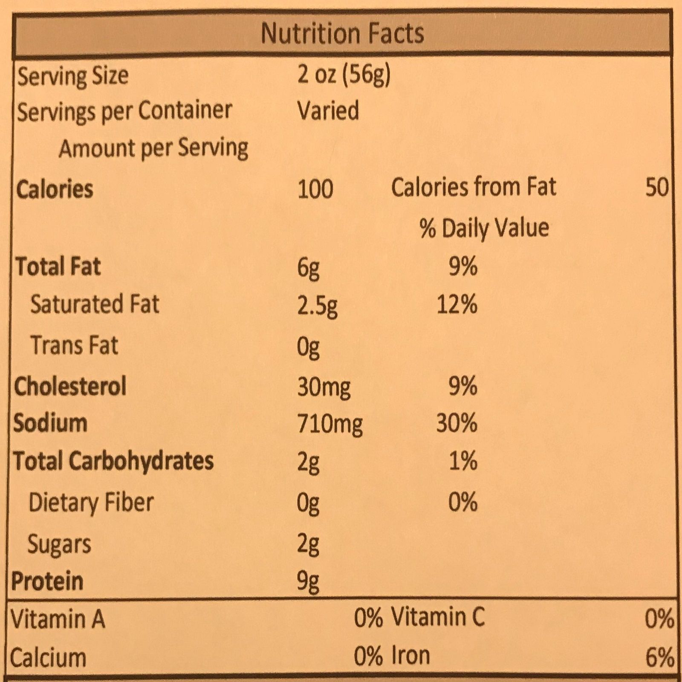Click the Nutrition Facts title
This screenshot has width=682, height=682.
click(x=342, y=33)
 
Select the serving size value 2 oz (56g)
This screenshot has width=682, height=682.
click(x=344, y=76)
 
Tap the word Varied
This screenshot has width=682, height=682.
click(x=328, y=111)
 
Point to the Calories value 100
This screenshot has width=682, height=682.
click(x=315, y=189)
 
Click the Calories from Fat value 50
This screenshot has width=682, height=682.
click(x=657, y=188)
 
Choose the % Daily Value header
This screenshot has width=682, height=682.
click(x=484, y=228)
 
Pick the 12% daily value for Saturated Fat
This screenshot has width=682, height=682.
click(x=457, y=305)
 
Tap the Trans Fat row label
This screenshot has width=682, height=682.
click(x=74, y=345)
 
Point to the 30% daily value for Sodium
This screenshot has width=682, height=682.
click(x=457, y=424)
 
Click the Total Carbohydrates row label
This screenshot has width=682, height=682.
click(x=113, y=461)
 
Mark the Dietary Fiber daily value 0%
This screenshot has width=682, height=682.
click(x=462, y=502)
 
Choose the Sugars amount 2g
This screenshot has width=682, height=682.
click(x=308, y=544)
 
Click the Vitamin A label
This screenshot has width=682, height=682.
click(x=58, y=619)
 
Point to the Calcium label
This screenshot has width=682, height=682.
click(x=48, y=658)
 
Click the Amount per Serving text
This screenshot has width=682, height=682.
click(x=153, y=148)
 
